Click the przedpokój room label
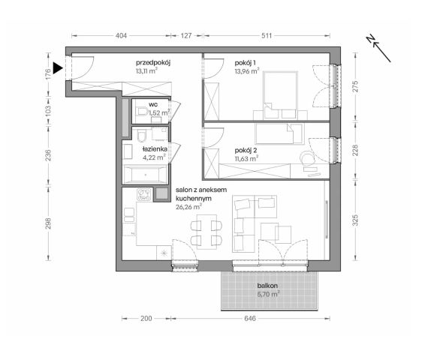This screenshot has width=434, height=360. (153, 63)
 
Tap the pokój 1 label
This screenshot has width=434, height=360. (246, 63)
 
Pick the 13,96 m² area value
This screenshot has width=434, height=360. (246, 71)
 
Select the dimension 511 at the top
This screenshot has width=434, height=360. (264, 35)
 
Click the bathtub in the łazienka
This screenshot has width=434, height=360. (147, 175)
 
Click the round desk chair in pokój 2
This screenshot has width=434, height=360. (306, 160)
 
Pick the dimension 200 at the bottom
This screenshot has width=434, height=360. (146, 319)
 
